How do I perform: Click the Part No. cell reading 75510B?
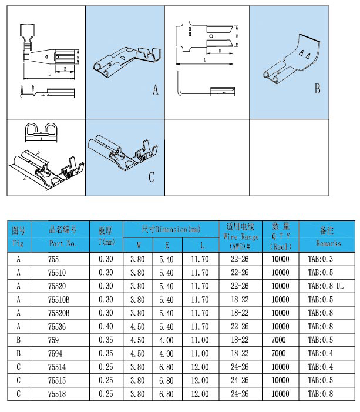click(x=59, y=299)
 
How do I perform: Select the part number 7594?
click(x=56, y=353)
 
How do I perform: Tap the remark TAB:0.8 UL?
click(x=325, y=286)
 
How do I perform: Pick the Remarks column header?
click(x=328, y=235)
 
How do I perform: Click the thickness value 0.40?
click(x=106, y=326)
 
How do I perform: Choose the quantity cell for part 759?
click(x=280, y=340)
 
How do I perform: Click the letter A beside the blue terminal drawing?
click(x=156, y=90)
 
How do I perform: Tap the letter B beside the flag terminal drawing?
click(x=317, y=89)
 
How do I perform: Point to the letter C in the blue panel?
click(x=151, y=176)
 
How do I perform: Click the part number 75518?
click(x=58, y=394)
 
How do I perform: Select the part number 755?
click(x=53, y=259)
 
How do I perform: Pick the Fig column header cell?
click(x=19, y=235)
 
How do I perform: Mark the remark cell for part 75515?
click(x=320, y=380)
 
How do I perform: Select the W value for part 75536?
click(x=137, y=326)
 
